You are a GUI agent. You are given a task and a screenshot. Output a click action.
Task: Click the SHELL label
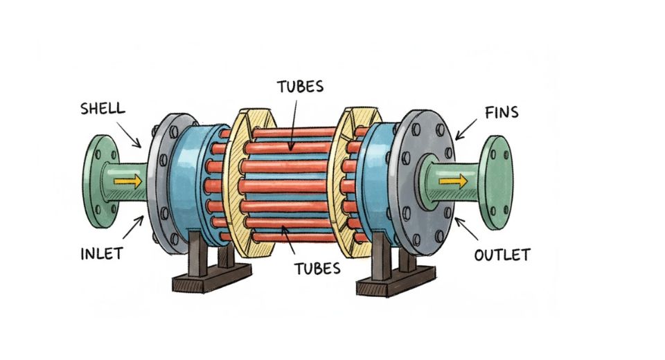click(x=103, y=109)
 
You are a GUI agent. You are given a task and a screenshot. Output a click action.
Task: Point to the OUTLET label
click(x=502, y=255)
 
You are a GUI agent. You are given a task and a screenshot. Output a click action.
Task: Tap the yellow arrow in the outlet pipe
click(x=452, y=181)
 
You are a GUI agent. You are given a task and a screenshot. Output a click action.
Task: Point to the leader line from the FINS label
click(x=465, y=127)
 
